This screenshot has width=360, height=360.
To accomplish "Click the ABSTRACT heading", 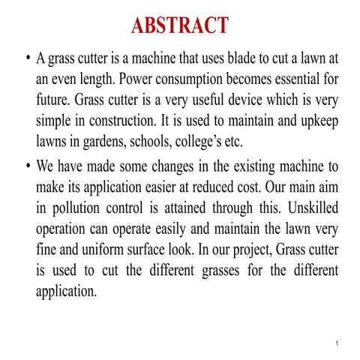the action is [179, 25].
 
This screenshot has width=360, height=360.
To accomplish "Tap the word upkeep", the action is [321, 119].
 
